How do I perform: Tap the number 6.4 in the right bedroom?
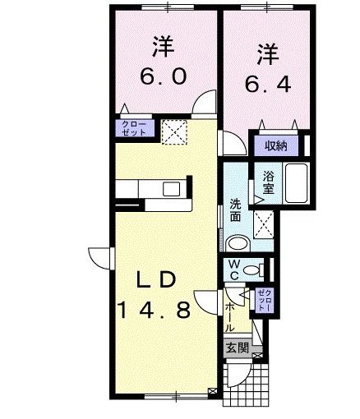(266, 82)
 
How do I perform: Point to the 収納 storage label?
(276, 146)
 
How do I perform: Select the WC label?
(234, 269)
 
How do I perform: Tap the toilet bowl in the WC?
(254, 269)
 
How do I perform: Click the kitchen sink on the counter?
(171, 190)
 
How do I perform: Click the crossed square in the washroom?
(264, 221)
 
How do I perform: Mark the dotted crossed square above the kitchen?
(174, 131)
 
